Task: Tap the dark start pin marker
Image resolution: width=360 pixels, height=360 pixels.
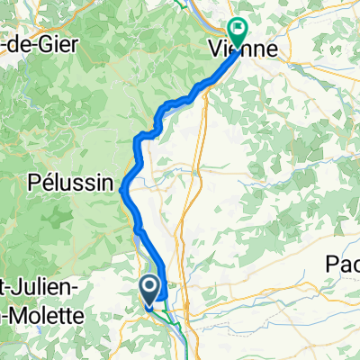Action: click(151, 290)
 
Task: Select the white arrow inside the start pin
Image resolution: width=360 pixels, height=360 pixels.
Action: click(151, 287)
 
